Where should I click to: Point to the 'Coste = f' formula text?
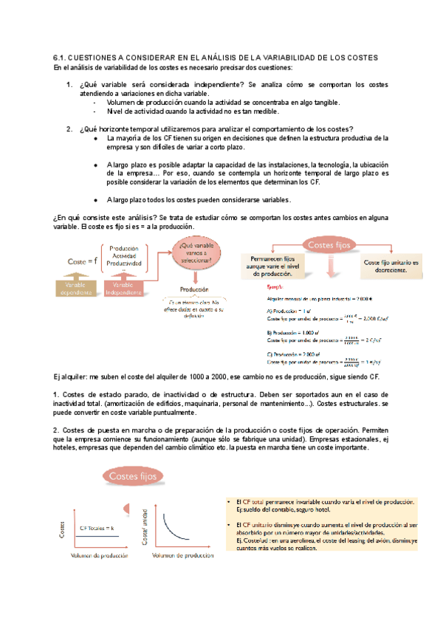pyautogui.click(x=81, y=261)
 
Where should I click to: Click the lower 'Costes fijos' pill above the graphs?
pyautogui.click(x=137, y=477)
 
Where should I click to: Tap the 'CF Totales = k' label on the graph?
pyautogui.click(x=97, y=528)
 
